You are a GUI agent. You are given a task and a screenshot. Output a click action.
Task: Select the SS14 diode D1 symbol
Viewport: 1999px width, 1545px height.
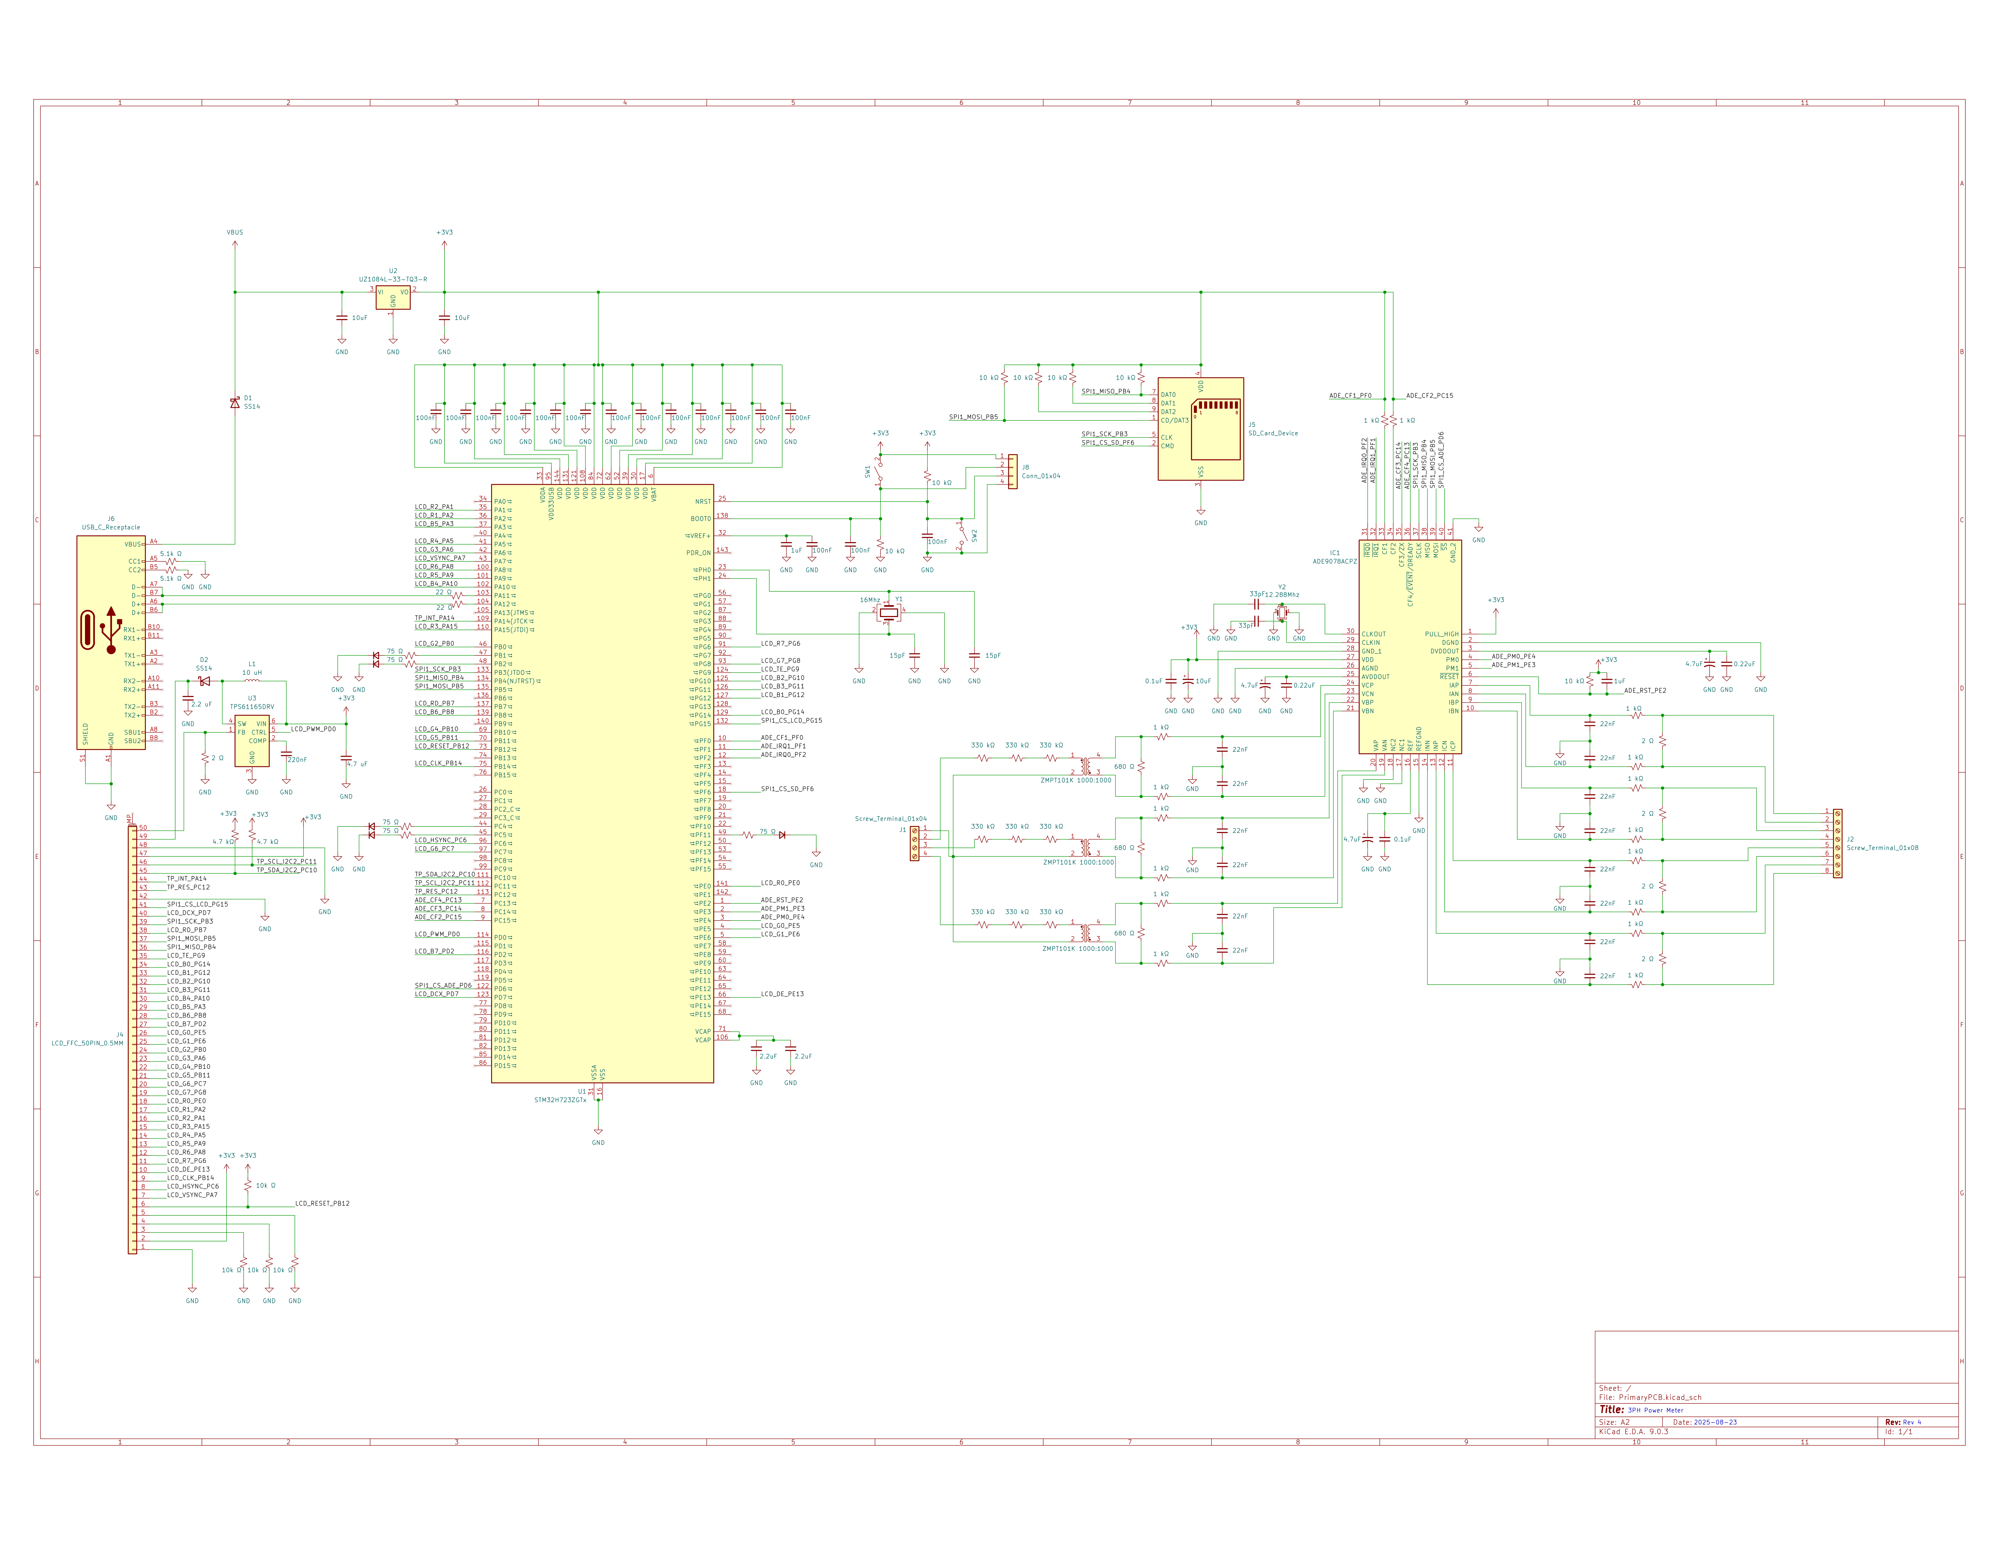234,403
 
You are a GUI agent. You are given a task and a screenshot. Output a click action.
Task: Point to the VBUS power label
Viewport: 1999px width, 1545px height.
234,233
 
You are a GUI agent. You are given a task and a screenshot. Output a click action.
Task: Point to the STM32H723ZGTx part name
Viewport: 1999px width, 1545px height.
560,1099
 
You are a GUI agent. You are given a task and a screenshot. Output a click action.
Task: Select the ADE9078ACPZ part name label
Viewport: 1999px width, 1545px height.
1334,561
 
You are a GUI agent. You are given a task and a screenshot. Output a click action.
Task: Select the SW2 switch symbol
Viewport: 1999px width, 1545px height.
961,535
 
